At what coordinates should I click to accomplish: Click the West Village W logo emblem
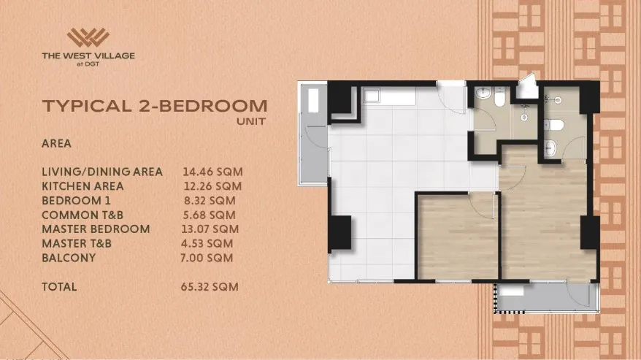(88, 37)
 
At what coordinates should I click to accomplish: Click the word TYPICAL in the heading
(88, 106)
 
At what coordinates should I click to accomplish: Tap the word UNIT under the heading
(251, 121)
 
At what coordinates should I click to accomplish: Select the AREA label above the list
(56, 144)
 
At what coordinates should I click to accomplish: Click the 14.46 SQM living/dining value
(212, 172)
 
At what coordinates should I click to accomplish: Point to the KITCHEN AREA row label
(82, 186)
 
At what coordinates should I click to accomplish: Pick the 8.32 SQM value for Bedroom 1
(210, 201)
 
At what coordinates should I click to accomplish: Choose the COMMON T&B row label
(82, 215)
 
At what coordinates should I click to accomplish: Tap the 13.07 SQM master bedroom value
(210, 229)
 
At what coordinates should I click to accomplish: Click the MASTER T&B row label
(77, 243)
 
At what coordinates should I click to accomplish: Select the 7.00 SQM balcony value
(207, 258)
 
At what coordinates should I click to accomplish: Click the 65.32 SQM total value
(210, 287)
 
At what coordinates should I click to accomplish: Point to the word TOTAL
(59, 287)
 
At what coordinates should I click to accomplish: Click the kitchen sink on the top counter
(371, 96)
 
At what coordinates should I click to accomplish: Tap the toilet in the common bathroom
(499, 97)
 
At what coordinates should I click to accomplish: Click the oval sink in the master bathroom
(550, 147)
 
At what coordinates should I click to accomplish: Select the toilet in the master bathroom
(554, 125)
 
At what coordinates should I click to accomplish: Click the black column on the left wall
(339, 232)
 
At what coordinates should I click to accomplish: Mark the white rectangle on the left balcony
(313, 100)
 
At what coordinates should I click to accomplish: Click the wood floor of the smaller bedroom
(457, 237)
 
